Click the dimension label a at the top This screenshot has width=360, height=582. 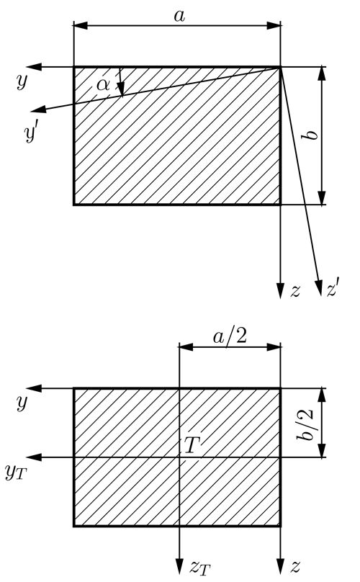179,16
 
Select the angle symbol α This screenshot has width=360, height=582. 103,85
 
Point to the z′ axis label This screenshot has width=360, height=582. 333,289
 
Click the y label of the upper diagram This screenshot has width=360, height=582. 22,81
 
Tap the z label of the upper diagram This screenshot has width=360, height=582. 295,291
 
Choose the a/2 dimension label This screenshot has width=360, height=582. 230,337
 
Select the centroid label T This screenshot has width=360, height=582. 192,445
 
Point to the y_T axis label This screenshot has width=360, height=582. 16,472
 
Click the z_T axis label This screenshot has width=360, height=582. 200,568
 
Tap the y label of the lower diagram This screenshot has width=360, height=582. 22,402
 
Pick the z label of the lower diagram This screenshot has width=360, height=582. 295,567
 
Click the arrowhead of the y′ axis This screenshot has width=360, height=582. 38,109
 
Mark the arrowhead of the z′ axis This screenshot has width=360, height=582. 318,288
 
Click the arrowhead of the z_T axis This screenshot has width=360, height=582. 179,566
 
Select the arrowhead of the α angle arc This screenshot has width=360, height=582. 121,90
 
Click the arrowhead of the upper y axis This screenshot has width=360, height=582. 33,67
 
